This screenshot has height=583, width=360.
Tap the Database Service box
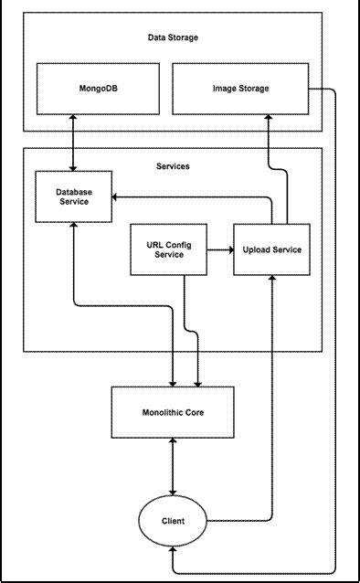point(72,196)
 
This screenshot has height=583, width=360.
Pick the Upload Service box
point(272,249)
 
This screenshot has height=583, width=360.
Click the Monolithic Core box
point(173,413)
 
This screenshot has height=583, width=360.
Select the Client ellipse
point(173,521)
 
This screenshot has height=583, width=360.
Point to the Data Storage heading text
point(173,37)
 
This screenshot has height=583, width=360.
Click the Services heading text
point(173,167)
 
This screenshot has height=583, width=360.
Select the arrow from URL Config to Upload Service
point(221,249)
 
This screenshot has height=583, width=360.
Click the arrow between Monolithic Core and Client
point(173,468)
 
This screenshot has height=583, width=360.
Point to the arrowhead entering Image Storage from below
point(269,117)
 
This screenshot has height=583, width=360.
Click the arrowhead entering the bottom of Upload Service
point(272,281)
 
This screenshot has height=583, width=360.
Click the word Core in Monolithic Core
point(194,413)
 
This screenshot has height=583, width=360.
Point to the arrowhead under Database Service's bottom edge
point(72,226)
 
